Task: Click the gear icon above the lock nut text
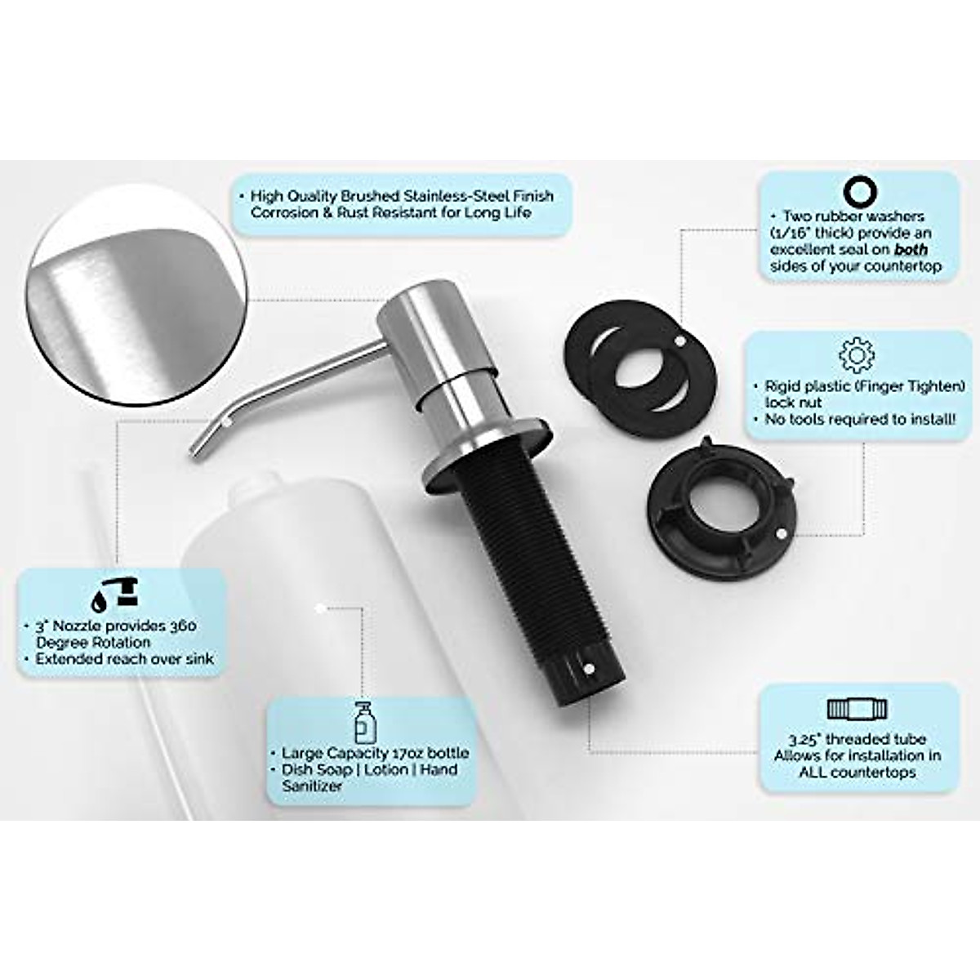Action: click(x=857, y=354)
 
